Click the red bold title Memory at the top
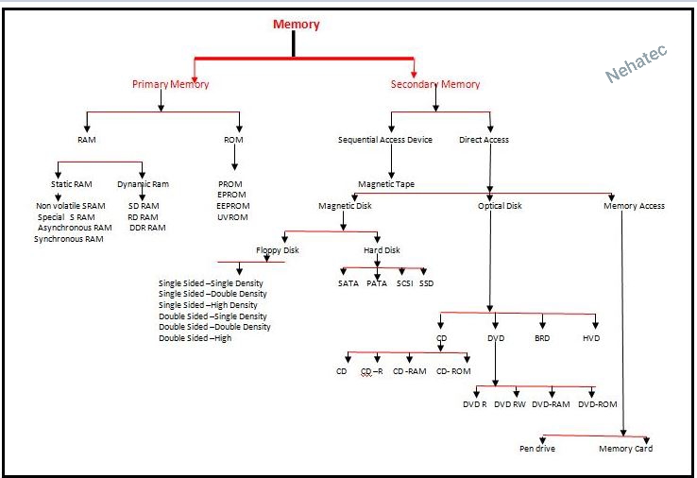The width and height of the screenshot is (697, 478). coord(296,25)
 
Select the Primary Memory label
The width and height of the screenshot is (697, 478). coord(170,84)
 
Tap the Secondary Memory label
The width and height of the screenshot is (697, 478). coord(435,84)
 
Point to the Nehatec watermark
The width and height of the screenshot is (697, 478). coord(637,64)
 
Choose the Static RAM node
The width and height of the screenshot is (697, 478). coord(72,184)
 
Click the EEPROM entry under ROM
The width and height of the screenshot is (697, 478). coord(232,206)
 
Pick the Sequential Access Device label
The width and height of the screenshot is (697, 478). coord(385,140)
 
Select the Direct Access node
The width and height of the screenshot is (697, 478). coord(484,140)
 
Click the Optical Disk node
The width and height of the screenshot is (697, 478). coord(500,206)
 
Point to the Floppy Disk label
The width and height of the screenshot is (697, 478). coord(279,250)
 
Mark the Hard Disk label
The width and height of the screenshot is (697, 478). coord(382,250)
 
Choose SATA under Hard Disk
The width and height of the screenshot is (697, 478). coord(348,283)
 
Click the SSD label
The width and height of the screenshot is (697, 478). coord(427,283)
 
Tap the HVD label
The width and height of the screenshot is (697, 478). coord(591,338)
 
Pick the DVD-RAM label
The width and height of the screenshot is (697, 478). coord(551,404)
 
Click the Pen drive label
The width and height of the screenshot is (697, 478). coord(537,449)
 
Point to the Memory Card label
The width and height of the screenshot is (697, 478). coord(625,449)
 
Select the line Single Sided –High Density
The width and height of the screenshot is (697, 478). coord(208,305)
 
